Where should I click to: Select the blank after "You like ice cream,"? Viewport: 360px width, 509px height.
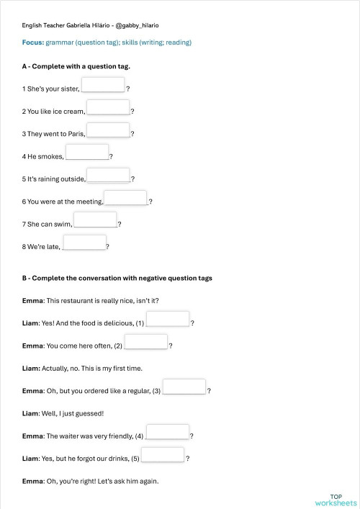(x=108, y=108)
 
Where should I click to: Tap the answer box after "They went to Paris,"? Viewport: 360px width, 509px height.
(x=108, y=130)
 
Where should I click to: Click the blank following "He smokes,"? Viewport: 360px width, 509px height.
(x=87, y=153)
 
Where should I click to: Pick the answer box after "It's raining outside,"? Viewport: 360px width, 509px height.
(x=109, y=176)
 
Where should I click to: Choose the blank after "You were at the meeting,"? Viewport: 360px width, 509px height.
(x=126, y=198)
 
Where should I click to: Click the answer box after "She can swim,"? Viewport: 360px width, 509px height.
(x=95, y=220)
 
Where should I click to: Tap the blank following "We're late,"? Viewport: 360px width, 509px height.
(x=84, y=243)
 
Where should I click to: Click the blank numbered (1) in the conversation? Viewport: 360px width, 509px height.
(x=168, y=319)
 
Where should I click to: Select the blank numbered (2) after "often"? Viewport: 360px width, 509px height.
(x=146, y=342)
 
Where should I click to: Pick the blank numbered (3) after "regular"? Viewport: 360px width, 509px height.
(x=184, y=387)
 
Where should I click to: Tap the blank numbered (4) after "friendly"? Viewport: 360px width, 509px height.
(x=168, y=432)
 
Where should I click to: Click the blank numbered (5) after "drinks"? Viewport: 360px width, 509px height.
(x=163, y=454)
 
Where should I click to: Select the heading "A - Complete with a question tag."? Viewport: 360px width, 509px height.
(x=76, y=66)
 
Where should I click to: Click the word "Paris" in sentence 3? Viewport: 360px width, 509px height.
(x=76, y=134)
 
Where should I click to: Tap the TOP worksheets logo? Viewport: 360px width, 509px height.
(x=336, y=500)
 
